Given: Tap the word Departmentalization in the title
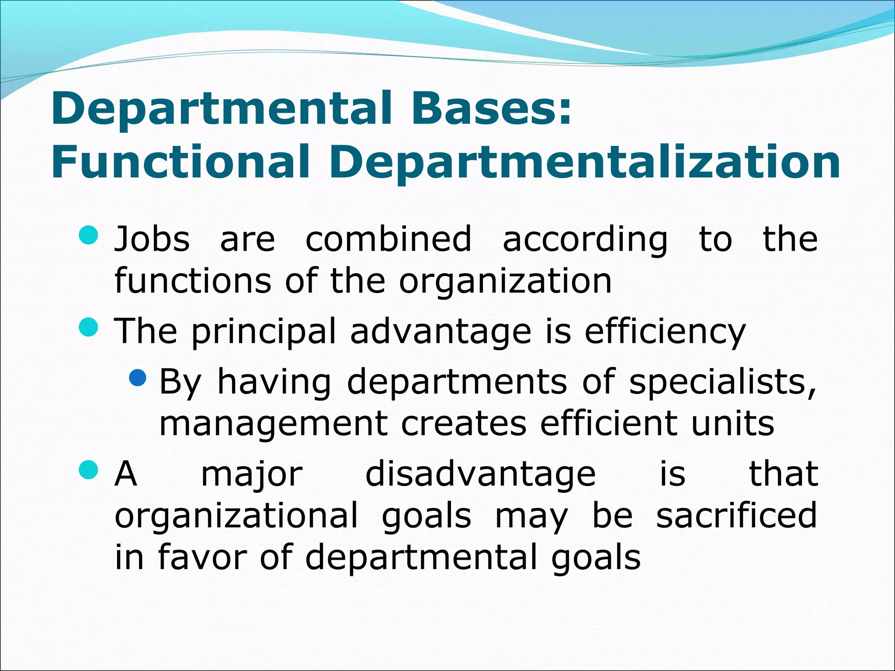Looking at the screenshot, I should (x=584, y=163).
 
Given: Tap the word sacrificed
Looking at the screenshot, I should (x=736, y=516).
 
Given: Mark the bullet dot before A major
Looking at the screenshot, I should (x=88, y=470).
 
